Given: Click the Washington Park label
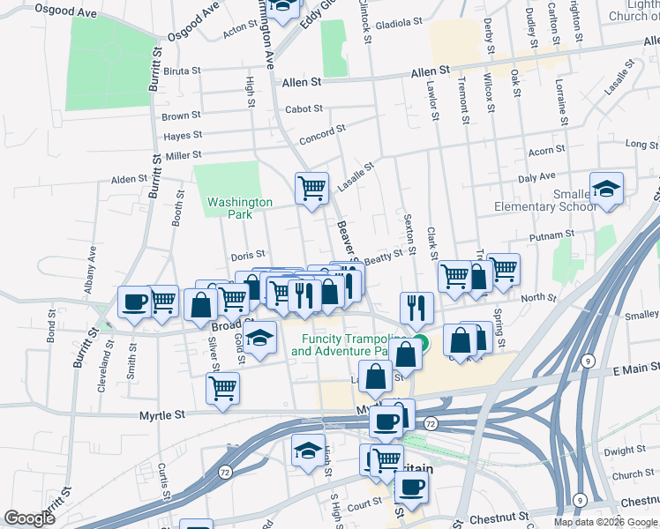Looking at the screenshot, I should (x=229, y=207).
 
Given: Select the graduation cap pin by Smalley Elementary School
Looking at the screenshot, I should (x=606, y=190).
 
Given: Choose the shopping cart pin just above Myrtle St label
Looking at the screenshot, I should (x=222, y=388).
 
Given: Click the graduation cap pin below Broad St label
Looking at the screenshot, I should (x=259, y=339).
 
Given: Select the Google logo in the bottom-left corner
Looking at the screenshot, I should (x=29, y=518).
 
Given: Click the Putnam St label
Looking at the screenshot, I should (x=553, y=235).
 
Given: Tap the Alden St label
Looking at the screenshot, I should (x=129, y=179).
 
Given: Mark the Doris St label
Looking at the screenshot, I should (x=248, y=256).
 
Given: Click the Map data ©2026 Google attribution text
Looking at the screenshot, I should (x=605, y=522).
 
